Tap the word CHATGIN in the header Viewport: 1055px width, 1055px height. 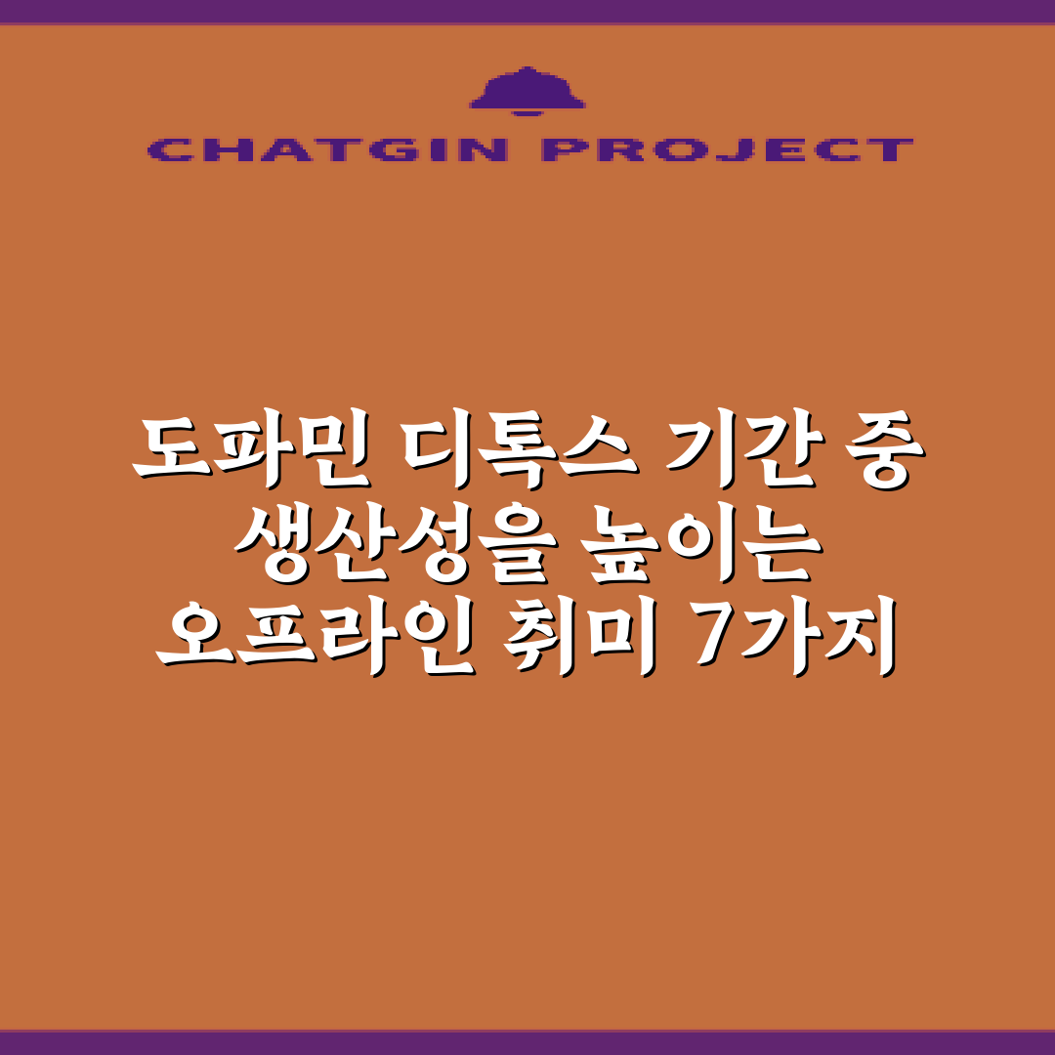pyautogui.click(x=327, y=149)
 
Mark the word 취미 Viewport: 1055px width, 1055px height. pyautogui.click(x=581, y=639)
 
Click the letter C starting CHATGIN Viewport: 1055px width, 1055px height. pyautogui.click(x=167, y=149)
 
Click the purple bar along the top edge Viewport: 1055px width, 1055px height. pyautogui.click(x=527, y=11)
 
